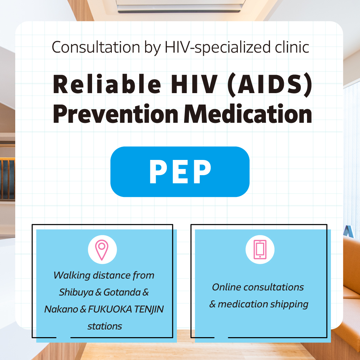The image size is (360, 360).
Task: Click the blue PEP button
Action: pos(180,171)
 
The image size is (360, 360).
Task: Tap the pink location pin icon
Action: pos(102,250)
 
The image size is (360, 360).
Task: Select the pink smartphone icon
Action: pos(260,250)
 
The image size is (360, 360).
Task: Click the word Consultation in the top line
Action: pos(96,47)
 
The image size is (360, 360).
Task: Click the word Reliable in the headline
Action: pos(107,84)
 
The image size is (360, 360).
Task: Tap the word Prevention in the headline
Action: pos(116,114)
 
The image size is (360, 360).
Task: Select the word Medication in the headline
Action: pos(248,114)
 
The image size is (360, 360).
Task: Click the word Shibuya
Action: pos(76,292)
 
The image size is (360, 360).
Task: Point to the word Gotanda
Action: pos(122,292)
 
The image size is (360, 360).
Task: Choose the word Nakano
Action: pos(61,309)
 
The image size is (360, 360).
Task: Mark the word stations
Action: pos(105,326)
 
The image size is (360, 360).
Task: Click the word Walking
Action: pos(72,276)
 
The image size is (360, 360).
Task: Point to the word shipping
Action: pos(289,304)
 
